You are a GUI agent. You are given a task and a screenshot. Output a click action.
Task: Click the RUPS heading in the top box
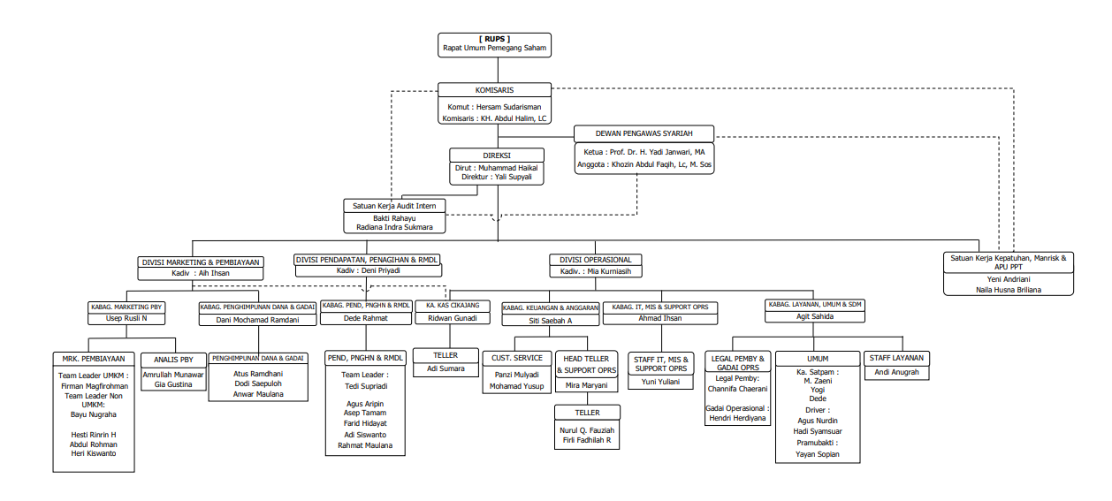pos(494,39)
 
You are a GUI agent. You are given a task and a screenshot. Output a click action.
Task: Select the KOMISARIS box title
pos(494,90)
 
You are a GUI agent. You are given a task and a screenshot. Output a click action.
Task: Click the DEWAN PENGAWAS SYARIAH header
pos(644,133)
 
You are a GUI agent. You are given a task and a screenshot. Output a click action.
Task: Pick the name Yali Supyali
pos(513,177)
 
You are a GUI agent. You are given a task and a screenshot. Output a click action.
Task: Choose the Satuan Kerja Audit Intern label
pos(394,205)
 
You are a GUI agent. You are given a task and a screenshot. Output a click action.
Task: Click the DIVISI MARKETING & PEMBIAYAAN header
pos(200,262)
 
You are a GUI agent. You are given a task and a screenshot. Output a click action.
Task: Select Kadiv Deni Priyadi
pos(367,271)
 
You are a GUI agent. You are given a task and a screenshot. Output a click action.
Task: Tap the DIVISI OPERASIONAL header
pos(596,260)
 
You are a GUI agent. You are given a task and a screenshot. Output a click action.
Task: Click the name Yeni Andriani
pos(1008,278)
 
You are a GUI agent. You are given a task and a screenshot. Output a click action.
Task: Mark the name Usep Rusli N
pos(126,318)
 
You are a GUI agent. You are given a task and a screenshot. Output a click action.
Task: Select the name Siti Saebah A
pos(551,320)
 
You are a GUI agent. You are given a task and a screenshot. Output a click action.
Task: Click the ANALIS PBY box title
pos(173,360)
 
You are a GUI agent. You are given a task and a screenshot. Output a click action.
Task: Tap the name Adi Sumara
pos(446,368)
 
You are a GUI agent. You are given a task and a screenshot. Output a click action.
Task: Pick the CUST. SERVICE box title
pos(518,358)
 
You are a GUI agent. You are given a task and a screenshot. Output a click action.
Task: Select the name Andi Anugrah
pos(895,372)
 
